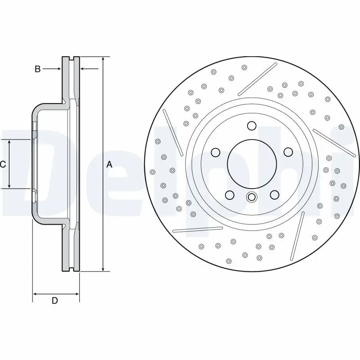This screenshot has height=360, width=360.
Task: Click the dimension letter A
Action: click(x=109, y=165)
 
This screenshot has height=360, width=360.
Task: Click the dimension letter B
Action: click(x=38, y=69)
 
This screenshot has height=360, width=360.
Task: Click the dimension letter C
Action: click(x=3, y=164)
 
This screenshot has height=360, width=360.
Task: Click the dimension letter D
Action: click(x=54, y=301)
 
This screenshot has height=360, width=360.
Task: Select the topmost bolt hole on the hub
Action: click(x=252, y=126)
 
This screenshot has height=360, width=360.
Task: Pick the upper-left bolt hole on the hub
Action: click(x=215, y=152)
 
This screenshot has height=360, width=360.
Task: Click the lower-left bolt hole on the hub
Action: click(x=229, y=195)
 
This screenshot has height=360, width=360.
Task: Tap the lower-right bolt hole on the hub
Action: click(x=274, y=195)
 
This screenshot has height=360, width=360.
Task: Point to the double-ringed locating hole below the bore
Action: click(x=252, y=197)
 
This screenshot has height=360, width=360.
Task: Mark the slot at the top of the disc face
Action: click(x=257, y=79)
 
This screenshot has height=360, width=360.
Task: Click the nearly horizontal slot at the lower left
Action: click(x=198, y=229)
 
